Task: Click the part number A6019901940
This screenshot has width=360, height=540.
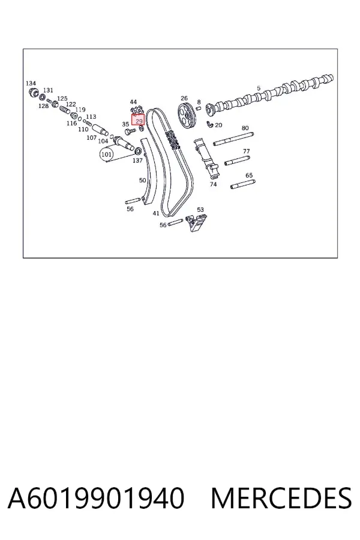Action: click(x=96, y=499)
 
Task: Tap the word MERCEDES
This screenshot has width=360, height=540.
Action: click(x=281, y=499)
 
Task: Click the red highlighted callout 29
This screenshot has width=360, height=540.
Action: click(x=138, y=121)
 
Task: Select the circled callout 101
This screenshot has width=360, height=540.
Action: click(x=106, y=155)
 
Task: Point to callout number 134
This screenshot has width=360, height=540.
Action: click(x=31, y=83)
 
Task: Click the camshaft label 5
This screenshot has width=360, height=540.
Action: click(x=259, y=89)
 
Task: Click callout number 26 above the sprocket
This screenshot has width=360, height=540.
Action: click(x=184, y=98)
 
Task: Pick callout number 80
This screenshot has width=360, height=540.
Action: click(x=245, y=128)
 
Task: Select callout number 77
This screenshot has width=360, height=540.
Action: click(x=247, y=151)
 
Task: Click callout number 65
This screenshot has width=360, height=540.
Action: click(x=249, y=176)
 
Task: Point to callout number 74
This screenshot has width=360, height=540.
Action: click(x=213, y=184)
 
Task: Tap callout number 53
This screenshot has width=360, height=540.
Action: click(x=200, y=209)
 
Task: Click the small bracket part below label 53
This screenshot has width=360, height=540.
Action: click(x=196, y=223)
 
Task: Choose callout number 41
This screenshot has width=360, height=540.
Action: click(x=156, y=214)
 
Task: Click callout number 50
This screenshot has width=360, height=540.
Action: click(x=142, y=180)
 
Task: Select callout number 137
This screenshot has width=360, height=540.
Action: click(x=137, y=160)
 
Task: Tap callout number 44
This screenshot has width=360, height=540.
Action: click(x=133, y=101)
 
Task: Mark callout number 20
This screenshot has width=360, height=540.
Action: click(x=218, y=125)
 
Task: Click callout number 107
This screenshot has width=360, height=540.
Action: click(x=91, y=138)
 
